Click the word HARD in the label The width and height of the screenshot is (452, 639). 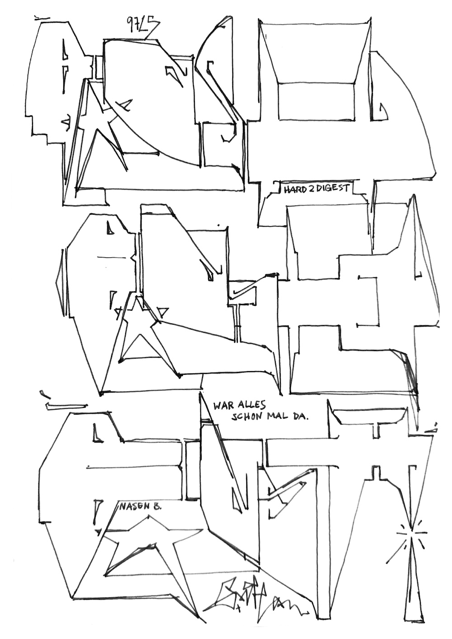tap(294, 189)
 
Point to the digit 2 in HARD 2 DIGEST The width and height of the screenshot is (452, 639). tap(311, 188)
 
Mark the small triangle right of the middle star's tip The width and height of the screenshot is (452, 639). tap(163, 311)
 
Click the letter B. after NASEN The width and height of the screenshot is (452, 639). tap(157, 506)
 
